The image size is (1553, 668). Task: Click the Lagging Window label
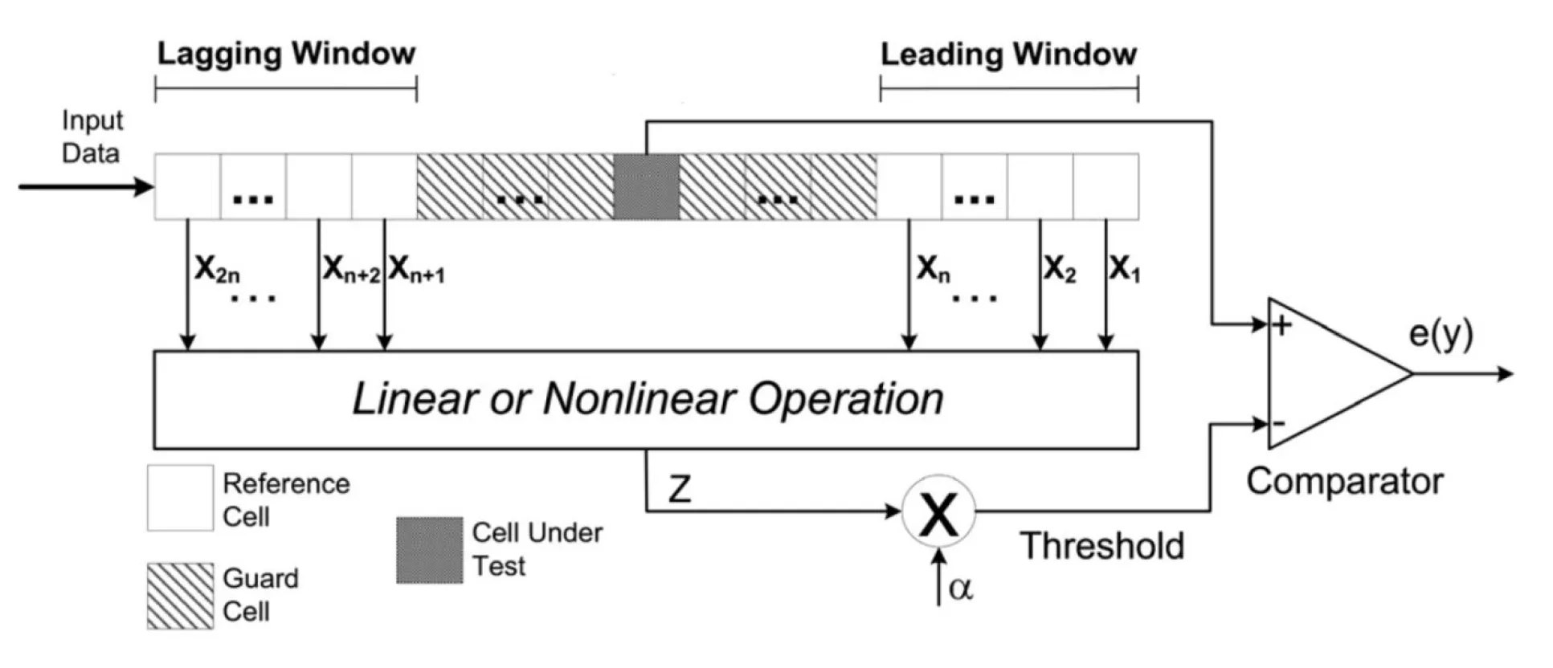[286, 54]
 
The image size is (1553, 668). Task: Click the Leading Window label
[1008, 54]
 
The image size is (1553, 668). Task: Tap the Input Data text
[92, 136]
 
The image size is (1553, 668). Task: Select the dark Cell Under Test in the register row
[646, 186]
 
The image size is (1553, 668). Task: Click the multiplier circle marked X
[938, 511]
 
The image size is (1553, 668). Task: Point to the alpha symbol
[961, 589]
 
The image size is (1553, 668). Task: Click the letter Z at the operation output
[680, 488]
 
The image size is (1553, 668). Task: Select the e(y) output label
[1441, 334]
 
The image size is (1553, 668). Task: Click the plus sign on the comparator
[1281, 325]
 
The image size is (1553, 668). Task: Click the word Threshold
[1102, 546]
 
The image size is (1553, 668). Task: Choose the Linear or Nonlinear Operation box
[646, 399]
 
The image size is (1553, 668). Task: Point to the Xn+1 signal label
[416, 270]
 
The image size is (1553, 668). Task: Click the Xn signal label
[934, 270]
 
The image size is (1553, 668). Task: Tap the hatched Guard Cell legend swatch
[180, 596]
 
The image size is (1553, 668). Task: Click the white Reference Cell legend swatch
[180, 498]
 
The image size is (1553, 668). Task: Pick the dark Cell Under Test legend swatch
[430, 550]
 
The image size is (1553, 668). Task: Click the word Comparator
[1345, 482]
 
